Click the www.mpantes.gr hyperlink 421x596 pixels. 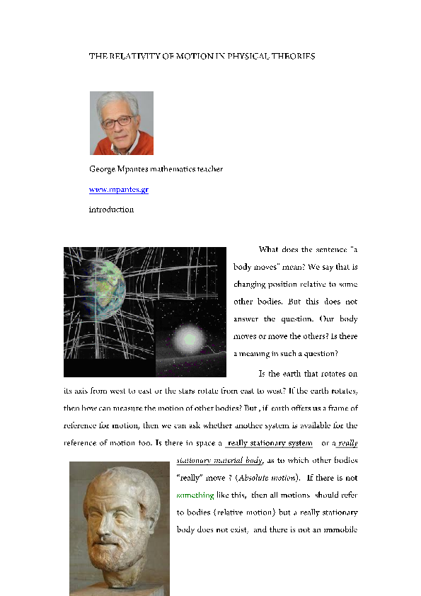point(118,190)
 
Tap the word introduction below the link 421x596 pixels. point(111,210)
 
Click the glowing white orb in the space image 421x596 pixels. point(188,340)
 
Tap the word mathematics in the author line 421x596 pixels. point(175,169)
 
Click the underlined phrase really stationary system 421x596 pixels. point(270,444)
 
